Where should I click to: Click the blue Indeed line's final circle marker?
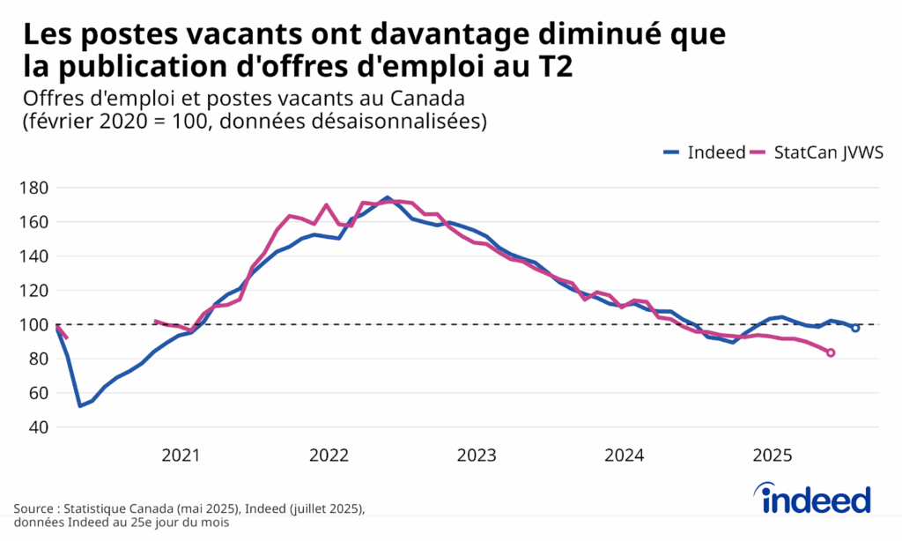[855, 328]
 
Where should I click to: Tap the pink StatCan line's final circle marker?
[831, 353]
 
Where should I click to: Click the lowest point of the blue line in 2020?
[80, 405]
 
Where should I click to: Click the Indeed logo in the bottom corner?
[816, 500]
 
